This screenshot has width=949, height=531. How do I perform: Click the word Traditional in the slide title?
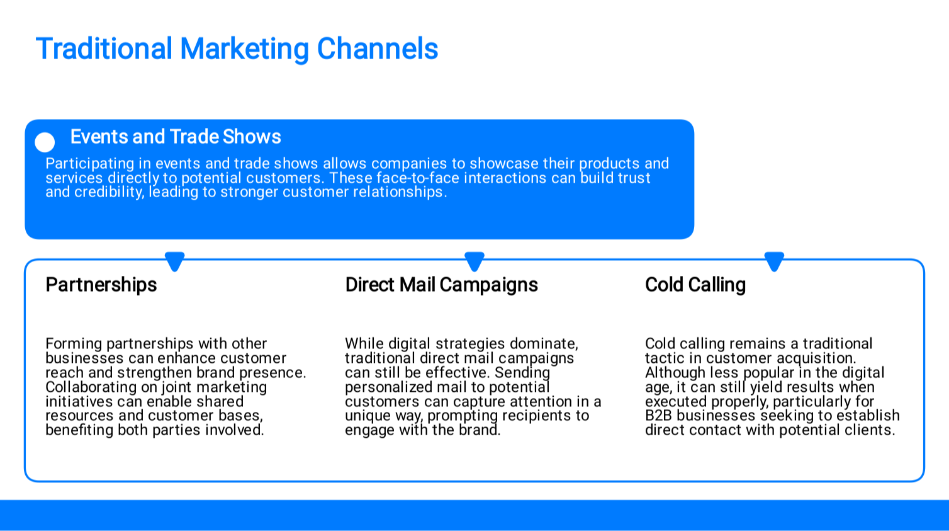click(104, 49)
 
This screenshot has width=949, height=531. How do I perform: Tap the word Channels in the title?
click(378, 49)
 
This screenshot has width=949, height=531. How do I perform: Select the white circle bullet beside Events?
click(45, 142)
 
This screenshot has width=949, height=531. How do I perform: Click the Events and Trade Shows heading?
click(176, 137)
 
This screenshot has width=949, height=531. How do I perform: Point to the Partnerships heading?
click(101, 285)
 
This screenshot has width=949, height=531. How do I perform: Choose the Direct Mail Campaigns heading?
click(441, 285)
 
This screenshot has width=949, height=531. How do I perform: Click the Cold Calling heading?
click(695, 285)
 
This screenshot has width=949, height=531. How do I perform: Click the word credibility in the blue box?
click(109, 192)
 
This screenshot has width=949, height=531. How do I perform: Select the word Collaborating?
click(91, 387)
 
